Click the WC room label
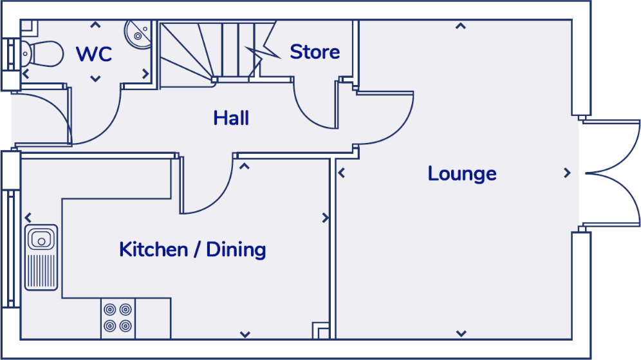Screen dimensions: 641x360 94,54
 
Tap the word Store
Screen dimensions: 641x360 315,52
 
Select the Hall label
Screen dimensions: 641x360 231,118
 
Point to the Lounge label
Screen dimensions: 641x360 462,174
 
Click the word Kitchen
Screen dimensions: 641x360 153,249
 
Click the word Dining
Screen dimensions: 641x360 236,249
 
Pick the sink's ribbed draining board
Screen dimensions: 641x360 41,271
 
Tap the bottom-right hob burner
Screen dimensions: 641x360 125,325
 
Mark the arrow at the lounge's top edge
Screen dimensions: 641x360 461,26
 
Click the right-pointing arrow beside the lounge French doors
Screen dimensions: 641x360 567,173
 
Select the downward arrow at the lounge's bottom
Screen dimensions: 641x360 461,334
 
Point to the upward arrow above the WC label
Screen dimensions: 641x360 95,26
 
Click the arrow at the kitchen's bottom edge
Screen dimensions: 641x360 245,334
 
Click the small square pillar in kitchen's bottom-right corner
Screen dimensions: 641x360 320,330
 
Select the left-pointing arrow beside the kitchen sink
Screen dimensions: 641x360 29,218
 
